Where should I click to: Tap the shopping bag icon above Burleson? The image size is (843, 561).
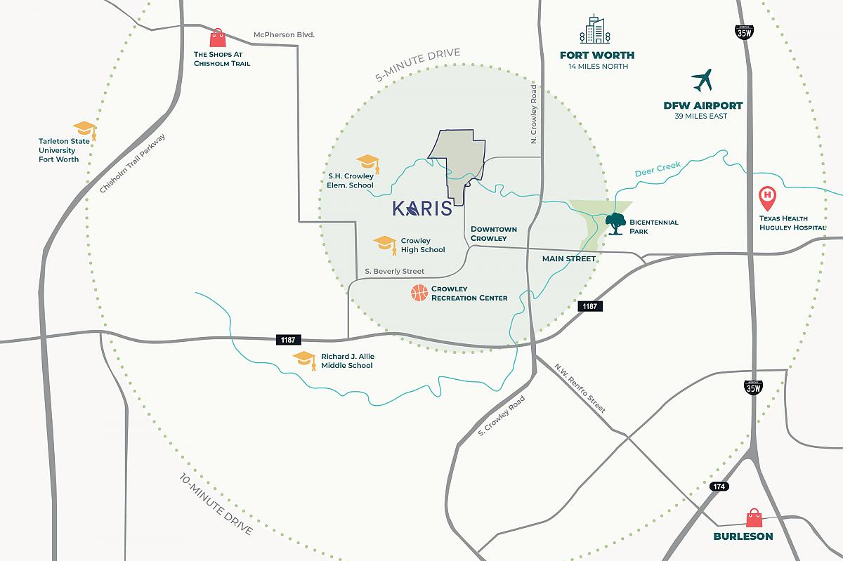pyautogui.click(x=755, y=518)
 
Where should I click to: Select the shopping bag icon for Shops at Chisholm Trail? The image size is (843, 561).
pyautogui.click(x=217, y=38)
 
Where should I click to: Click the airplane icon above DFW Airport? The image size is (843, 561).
pyautogui.click(x=701, y=81)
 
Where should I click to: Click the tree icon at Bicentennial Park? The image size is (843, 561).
pyautogui.click(x=616, y=223)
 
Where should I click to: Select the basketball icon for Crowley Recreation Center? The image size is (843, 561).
pyautogui.click(x=419, y=293)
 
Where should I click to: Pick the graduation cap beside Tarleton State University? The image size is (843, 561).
pyautogui.click(x=85, y=131)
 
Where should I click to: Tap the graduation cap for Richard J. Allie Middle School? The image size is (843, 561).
pyautogui.click(x=305, y=360)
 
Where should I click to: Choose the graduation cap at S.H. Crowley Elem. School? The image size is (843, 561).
pyautogui.click(x=368, y=164)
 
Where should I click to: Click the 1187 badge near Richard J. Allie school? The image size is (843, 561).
pyautogui.click(x=287, y=340)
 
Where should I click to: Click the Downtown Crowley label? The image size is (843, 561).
pyautogui.click(x=494, y=234)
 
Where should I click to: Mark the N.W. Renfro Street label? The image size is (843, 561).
pyautogui.click(x=580, y=388)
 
